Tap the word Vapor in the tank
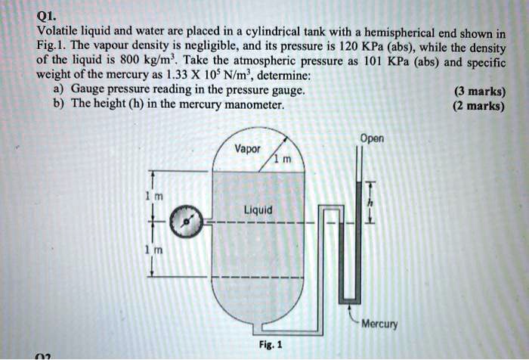tap(246, 149)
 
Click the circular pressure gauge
tap(184, 221)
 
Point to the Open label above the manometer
tap(372, 138)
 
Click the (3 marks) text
tap(480, 92)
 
